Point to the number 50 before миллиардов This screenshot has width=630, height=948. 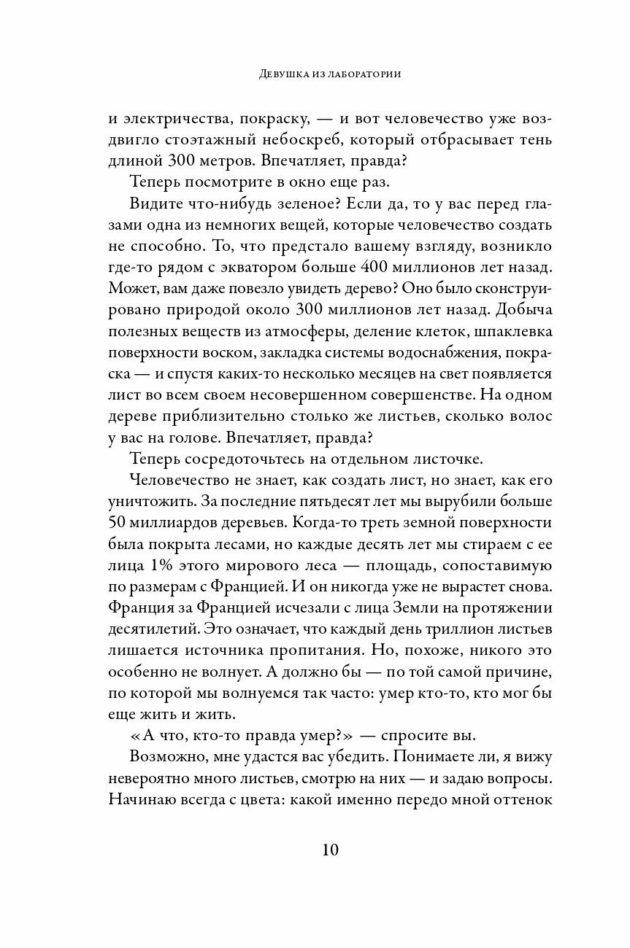(x=119, y=523)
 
